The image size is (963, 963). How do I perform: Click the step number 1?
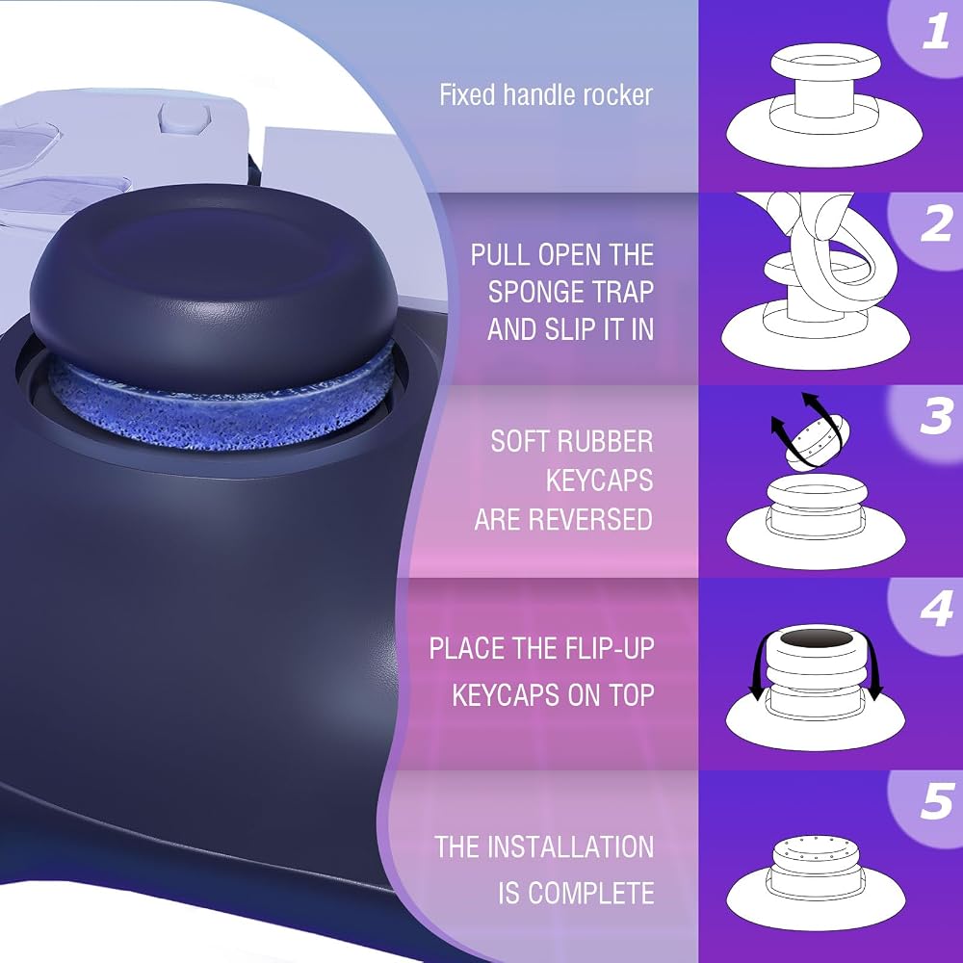pos(935,32)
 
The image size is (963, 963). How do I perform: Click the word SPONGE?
pos(541,292)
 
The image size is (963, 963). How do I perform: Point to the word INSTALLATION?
pos(573,846)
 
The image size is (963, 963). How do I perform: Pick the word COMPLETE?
pos(591,894)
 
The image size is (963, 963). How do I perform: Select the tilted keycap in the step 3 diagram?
pos(818,438)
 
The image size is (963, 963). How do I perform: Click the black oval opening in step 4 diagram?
pos(818,638)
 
